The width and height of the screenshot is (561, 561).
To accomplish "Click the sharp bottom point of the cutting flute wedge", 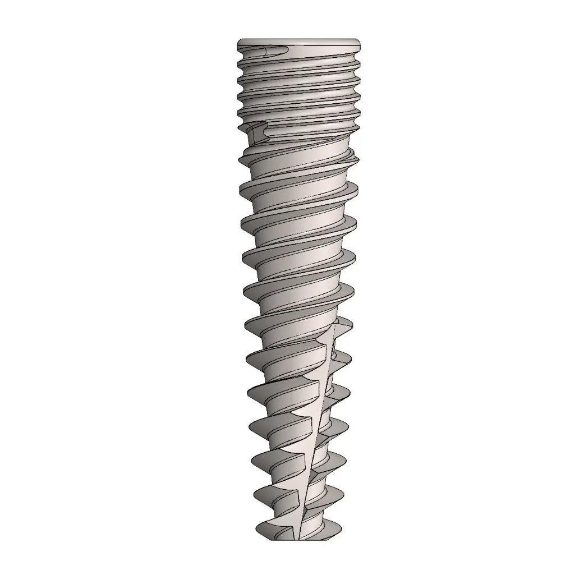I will [x=301, y=533].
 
